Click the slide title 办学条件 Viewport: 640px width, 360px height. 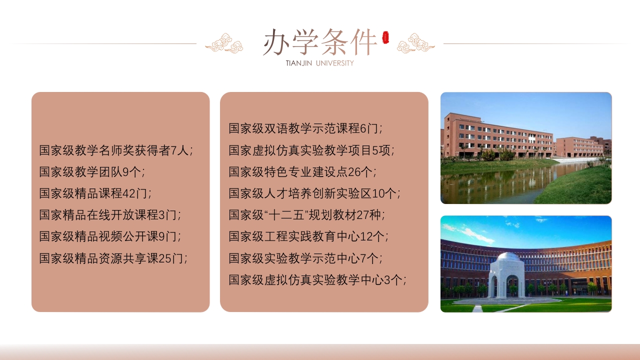coord(320,42)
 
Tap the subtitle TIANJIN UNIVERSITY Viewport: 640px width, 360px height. coord(320,63)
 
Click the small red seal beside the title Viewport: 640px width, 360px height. coord(385,37)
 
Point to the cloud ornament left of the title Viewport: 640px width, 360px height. coord(224,43)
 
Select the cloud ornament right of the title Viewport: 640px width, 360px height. coord(415,43)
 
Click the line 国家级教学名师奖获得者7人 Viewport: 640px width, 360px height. coord(116,150)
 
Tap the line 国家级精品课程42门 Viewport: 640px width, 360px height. coord(95,193)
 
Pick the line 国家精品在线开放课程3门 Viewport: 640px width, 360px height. coord(110,215)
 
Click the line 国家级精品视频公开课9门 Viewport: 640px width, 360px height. coord(110,236)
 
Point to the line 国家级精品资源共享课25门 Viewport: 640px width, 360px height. coord(113,258)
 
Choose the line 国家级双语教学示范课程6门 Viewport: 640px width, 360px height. coord(305,128)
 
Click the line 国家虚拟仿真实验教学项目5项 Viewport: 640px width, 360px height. coord(311,150)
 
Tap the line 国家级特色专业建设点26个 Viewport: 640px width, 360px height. coord(302,172)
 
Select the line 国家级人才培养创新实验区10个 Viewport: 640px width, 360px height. coord(314,193)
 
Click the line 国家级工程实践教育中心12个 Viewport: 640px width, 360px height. coord(308,236)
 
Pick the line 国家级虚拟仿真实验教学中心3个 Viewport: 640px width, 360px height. coord(317,280)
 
